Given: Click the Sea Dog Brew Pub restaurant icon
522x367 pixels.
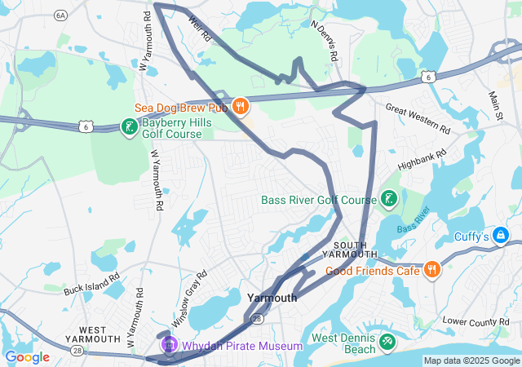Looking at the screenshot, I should pyautogui.click(x=240, y=105).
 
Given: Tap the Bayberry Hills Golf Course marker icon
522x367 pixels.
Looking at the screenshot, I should pyautogui.click(x=128, y=126).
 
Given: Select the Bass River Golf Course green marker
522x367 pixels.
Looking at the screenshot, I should pyautogui.click(x=388, y=199).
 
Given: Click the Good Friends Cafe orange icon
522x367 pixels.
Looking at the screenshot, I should pyautogui.click(x=431, y=270).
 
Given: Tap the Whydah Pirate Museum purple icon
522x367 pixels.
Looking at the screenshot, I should pyautogui.click(x=170, y=345).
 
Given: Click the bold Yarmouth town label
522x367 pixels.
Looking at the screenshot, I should pyautogui.click(x=272, y=298).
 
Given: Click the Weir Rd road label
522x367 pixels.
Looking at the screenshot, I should pyautogui.click(x=200, y=27).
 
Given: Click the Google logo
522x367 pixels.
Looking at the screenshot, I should pyautogui.click(x=27, y=356).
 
